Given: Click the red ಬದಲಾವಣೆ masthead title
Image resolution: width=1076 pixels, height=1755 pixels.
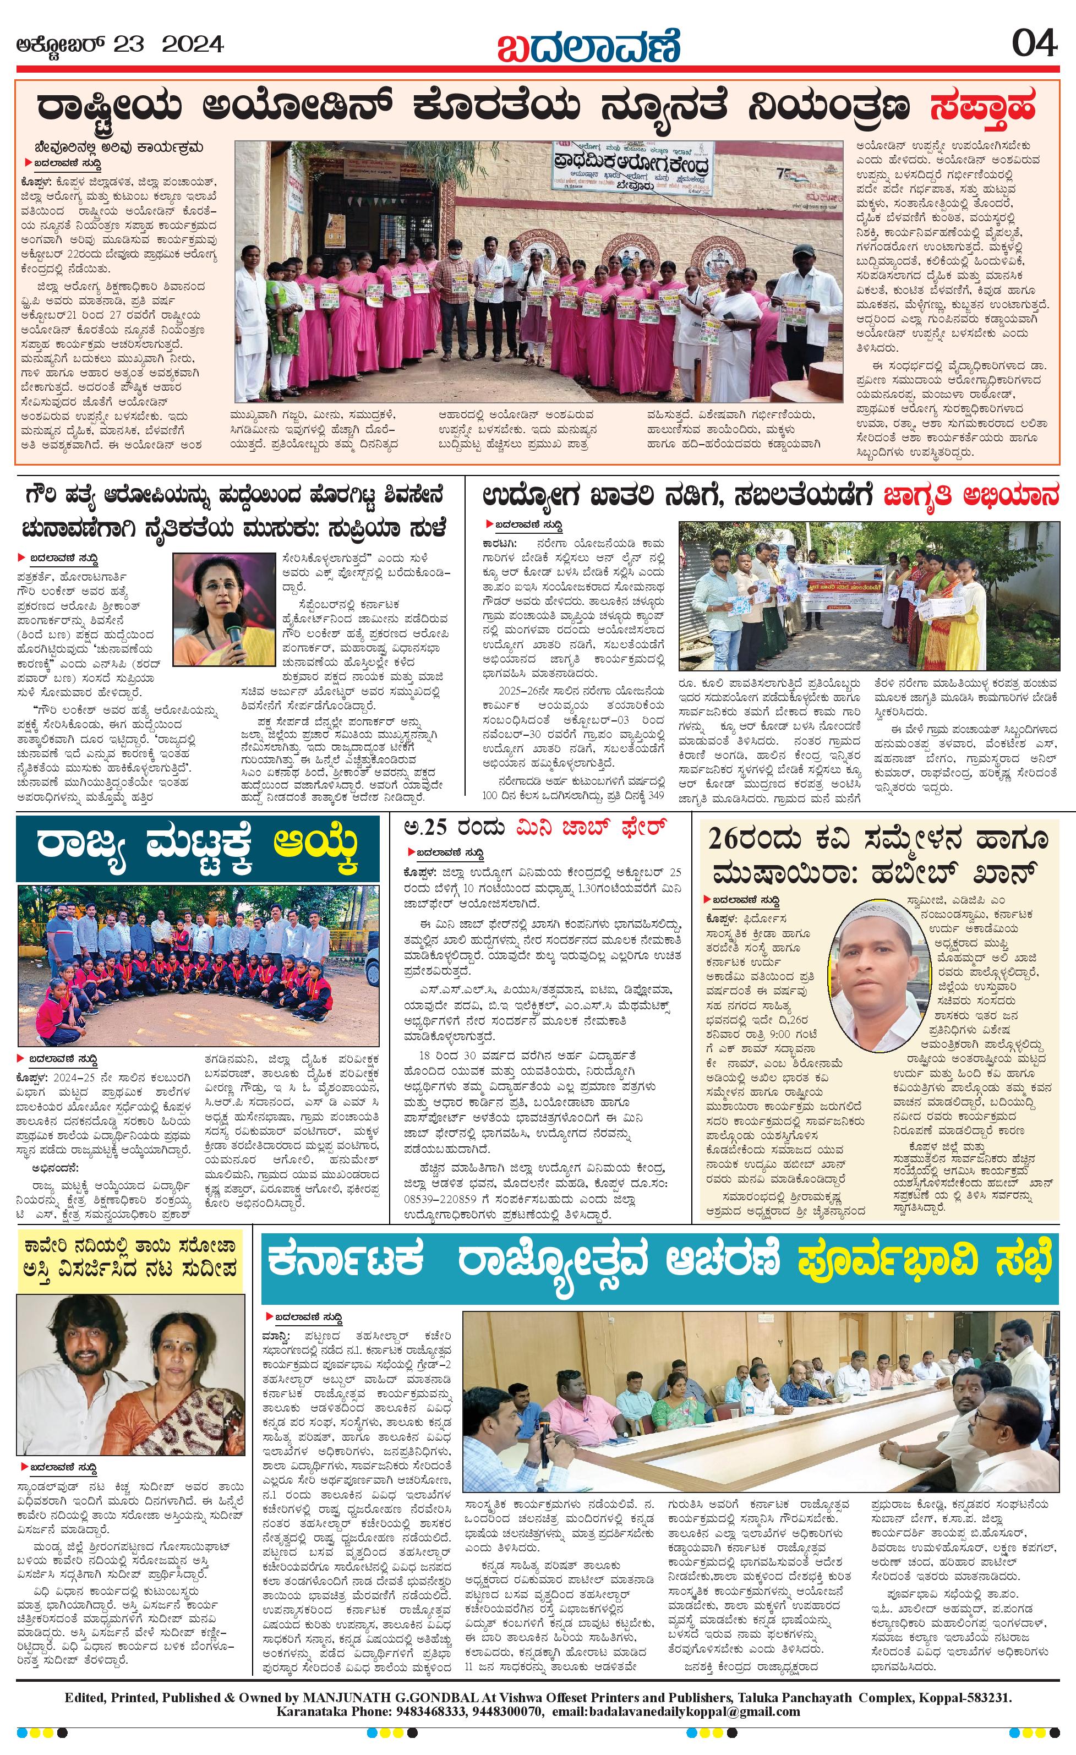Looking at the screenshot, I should pos(588,46).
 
